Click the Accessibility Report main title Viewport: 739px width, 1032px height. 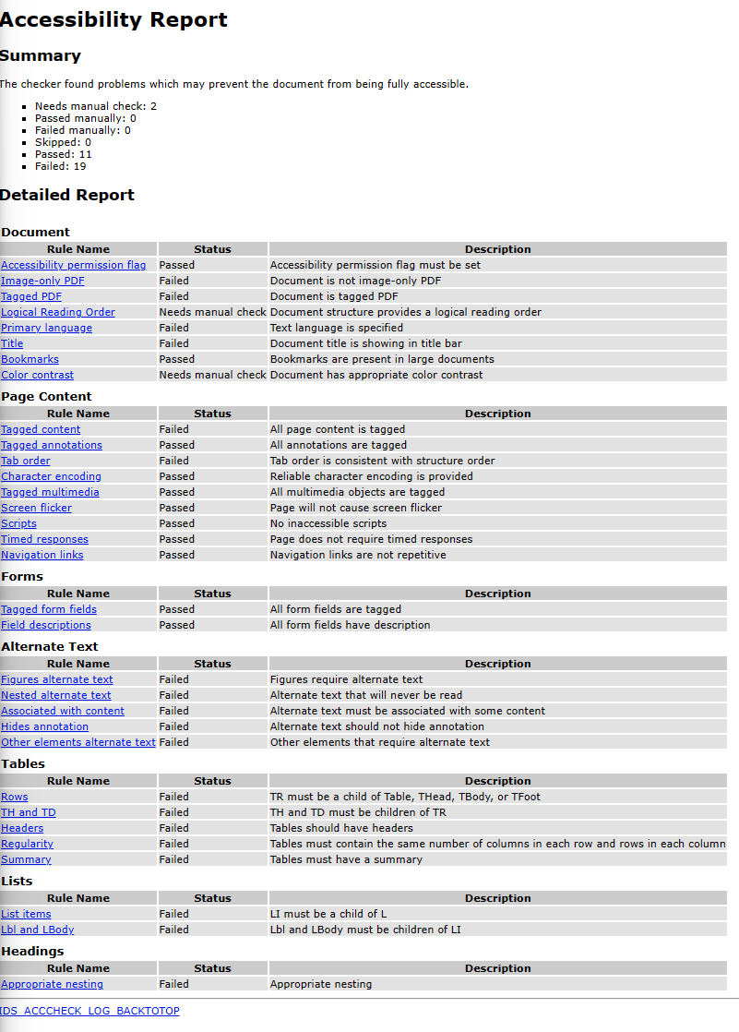(113, 20)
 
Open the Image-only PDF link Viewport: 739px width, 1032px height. (42, 281)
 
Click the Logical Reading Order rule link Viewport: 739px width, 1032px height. (58, 312)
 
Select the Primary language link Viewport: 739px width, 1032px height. (46, 328)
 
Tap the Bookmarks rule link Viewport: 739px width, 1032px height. (30, 359)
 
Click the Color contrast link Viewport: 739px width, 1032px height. (37, 375)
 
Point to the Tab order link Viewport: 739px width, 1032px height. (26, 461)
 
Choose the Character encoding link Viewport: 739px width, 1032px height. (51, 476)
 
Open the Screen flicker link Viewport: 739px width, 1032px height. (36, 508)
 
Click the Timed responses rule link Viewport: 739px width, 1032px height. (44, 539)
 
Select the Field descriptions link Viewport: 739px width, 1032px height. (46, 625)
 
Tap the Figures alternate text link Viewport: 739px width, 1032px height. (57, 679)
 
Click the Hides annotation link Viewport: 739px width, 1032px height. (44, 726)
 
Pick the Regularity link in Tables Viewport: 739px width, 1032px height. (27, 844)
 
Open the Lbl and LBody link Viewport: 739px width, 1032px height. (37, 930)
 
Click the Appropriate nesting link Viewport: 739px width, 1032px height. (52, 984)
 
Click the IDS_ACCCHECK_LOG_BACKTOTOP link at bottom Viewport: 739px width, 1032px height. (89, 1011)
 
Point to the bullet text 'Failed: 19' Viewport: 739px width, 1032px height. (61, 166)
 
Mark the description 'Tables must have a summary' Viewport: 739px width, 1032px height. (346, 859)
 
